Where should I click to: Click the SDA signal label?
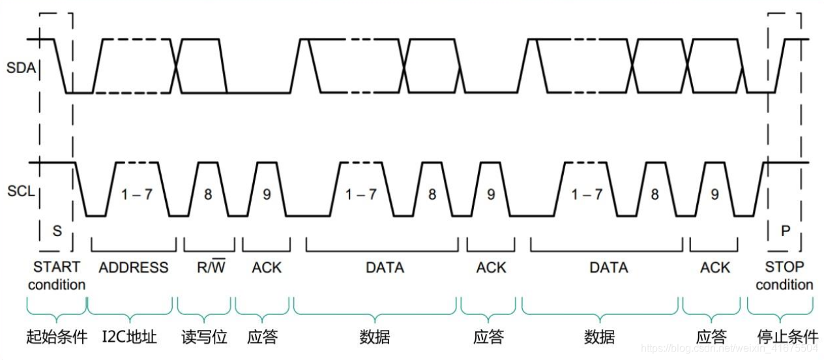pos(20,67)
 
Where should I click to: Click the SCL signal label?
pos(20,192)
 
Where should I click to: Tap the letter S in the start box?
pos(57,231)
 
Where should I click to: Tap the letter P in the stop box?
pos(785,231)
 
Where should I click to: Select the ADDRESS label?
pos(134,267)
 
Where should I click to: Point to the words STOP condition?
pos(784,276)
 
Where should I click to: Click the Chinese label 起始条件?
pos(57,337)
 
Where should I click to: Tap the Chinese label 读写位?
pos(204,337)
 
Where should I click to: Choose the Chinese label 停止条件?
pos(787,337)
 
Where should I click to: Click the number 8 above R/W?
pos(208,194)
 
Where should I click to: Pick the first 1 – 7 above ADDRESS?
pos(136,194)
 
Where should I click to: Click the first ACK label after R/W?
pos(267,267)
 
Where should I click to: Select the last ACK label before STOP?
pos(715,267)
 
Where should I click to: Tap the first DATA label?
pos(385,267)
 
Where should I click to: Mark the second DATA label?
pos(608,267)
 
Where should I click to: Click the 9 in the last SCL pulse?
pos(714,194)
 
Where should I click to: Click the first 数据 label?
pos(375,337)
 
